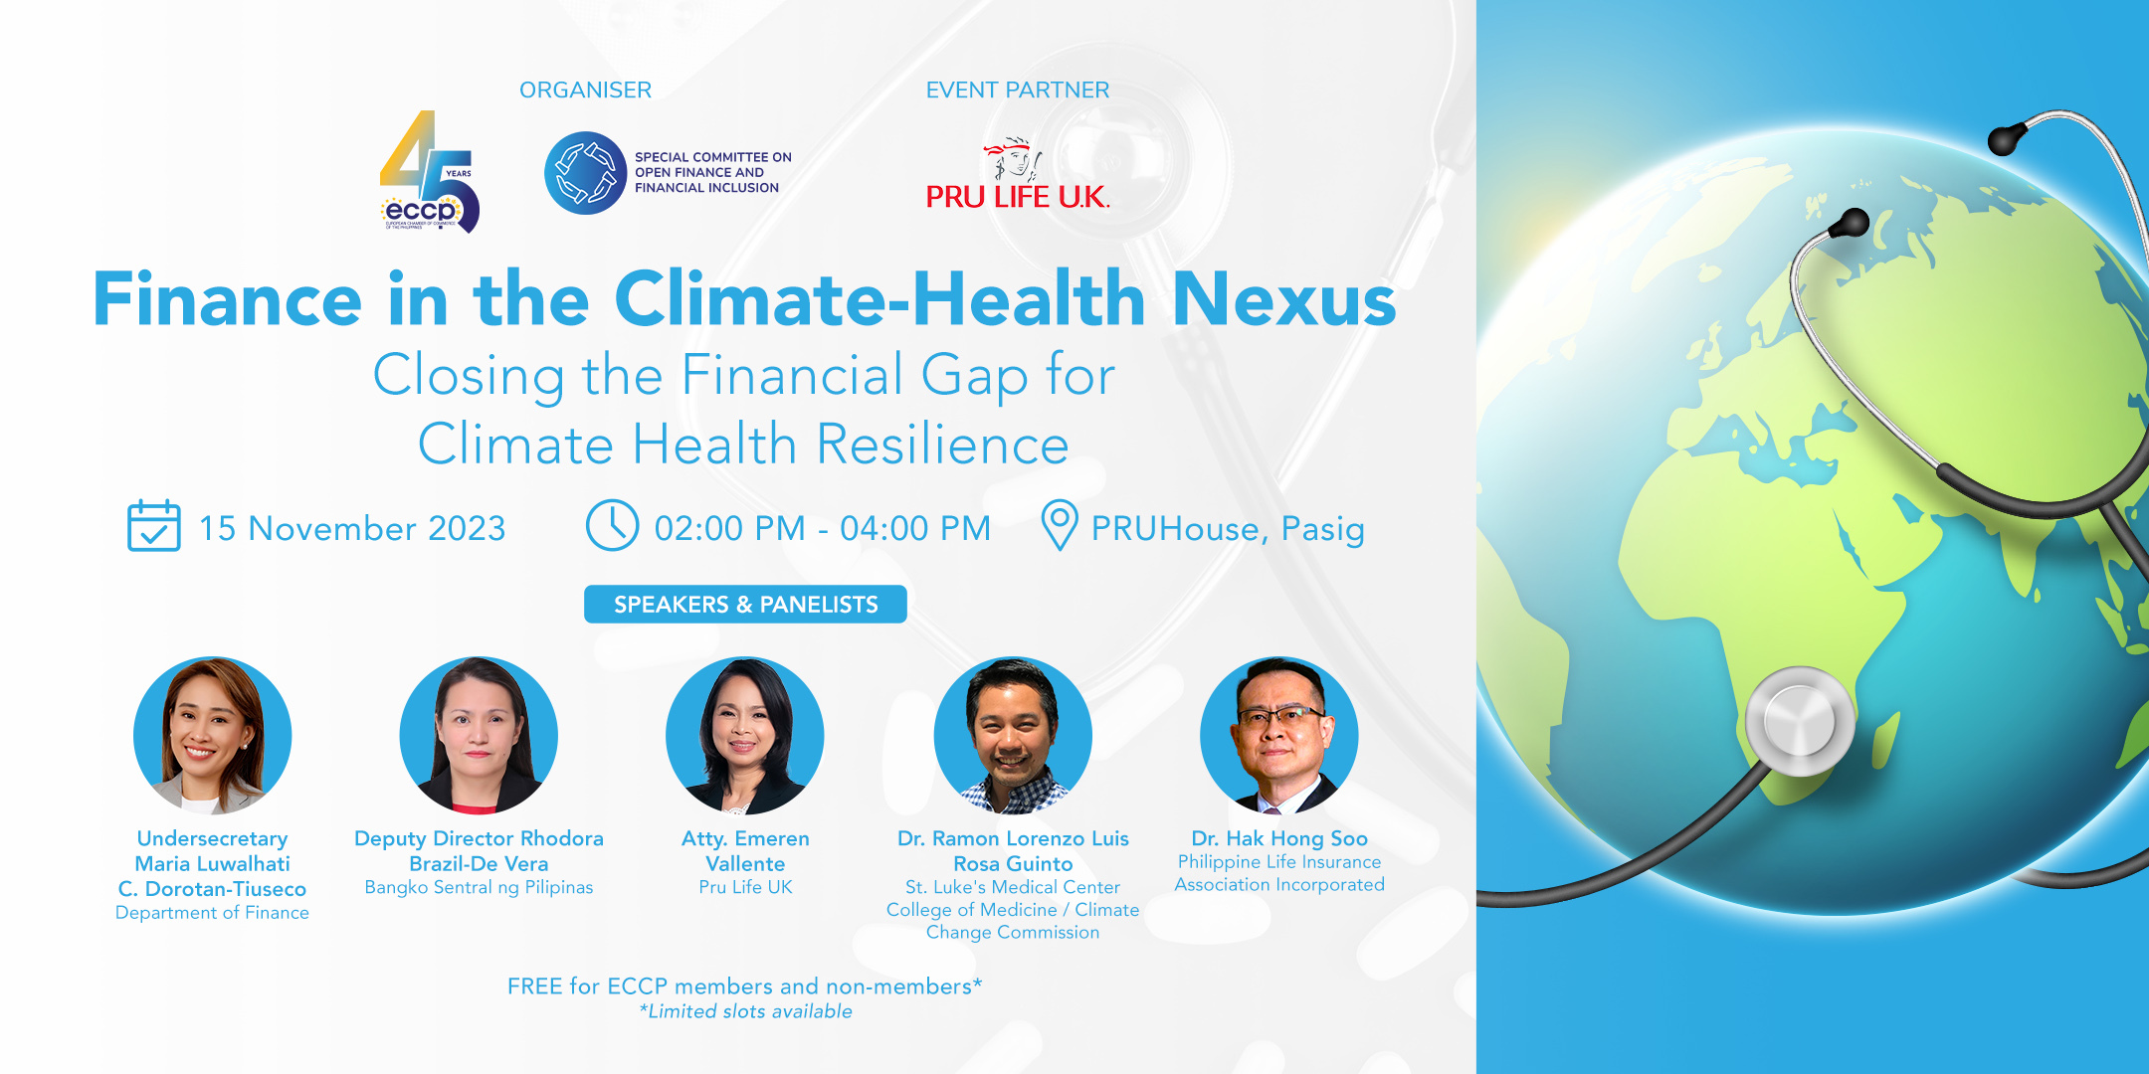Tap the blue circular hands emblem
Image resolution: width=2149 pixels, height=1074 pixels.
(585, 173)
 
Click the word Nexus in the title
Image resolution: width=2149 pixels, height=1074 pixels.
(1283, 299)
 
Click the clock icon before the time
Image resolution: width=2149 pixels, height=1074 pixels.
(612, 525)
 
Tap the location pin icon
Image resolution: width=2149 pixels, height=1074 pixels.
(1059, 525)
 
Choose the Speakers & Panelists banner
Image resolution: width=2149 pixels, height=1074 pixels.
(745, 605)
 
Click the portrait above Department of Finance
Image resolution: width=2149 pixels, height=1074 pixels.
(213, 735)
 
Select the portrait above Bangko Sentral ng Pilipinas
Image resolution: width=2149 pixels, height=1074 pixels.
(479, 735)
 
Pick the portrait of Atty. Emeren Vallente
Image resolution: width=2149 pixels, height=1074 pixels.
(745, 735)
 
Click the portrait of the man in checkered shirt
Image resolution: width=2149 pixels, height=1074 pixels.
(1013, 735)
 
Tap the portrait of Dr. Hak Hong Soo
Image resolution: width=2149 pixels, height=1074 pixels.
(1279, 735)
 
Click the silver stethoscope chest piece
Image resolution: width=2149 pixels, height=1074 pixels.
(1799, 720)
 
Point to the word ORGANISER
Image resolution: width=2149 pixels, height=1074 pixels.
(585, 90)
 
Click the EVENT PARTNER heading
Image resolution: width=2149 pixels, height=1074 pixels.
(1017, 90)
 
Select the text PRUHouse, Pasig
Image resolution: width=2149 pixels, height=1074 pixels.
(1228, 529)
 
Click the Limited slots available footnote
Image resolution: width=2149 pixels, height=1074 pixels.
(745, 1011)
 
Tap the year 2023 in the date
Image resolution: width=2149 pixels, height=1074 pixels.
(467, 529)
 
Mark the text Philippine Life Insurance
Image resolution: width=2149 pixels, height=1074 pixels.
(1279, 862)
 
